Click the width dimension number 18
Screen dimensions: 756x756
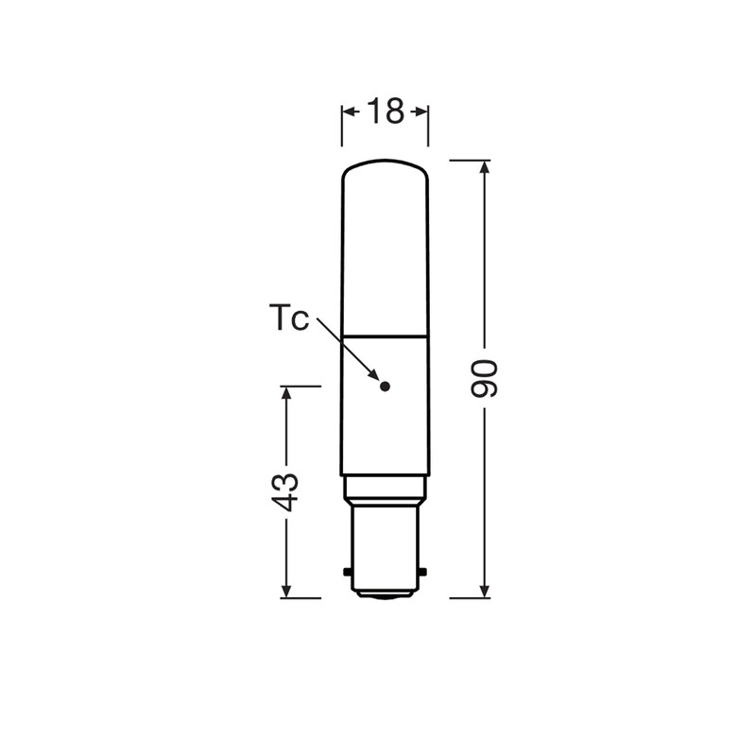click(386, 112)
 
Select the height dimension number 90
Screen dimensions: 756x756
click(484, 379)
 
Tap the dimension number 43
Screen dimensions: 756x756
click(284, 492)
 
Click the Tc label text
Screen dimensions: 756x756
click(289, 318)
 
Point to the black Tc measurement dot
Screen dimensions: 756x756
click(385, 387)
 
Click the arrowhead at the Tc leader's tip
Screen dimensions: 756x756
click(373, 374)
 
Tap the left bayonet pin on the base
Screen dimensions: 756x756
click(347, 572)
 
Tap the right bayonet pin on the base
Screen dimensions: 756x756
click(422, 572)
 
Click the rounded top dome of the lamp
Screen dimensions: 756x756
click(386, 168)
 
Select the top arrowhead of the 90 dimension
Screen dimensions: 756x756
click(485, 167)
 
